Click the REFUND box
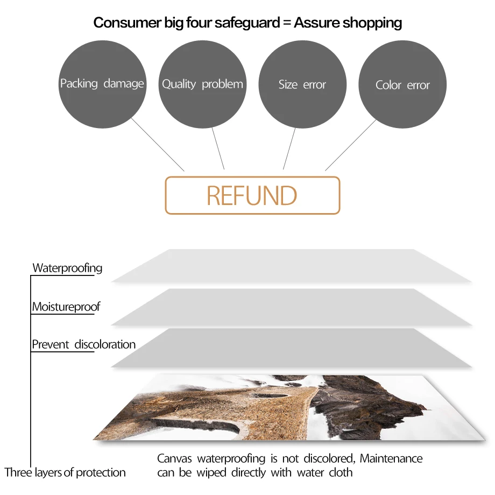(252, 195)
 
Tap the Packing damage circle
(102, 84)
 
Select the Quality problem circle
(202, 84)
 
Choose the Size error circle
(302, 84)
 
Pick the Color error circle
(402, 85)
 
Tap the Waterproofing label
(67, 268)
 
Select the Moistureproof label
(66, 307)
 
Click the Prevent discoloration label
(83, 344)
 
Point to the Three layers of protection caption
(65, 472)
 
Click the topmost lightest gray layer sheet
(291, 266)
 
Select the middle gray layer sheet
(291, 307)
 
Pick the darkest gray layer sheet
(291, 348)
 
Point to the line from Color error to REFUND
(351, 144)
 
